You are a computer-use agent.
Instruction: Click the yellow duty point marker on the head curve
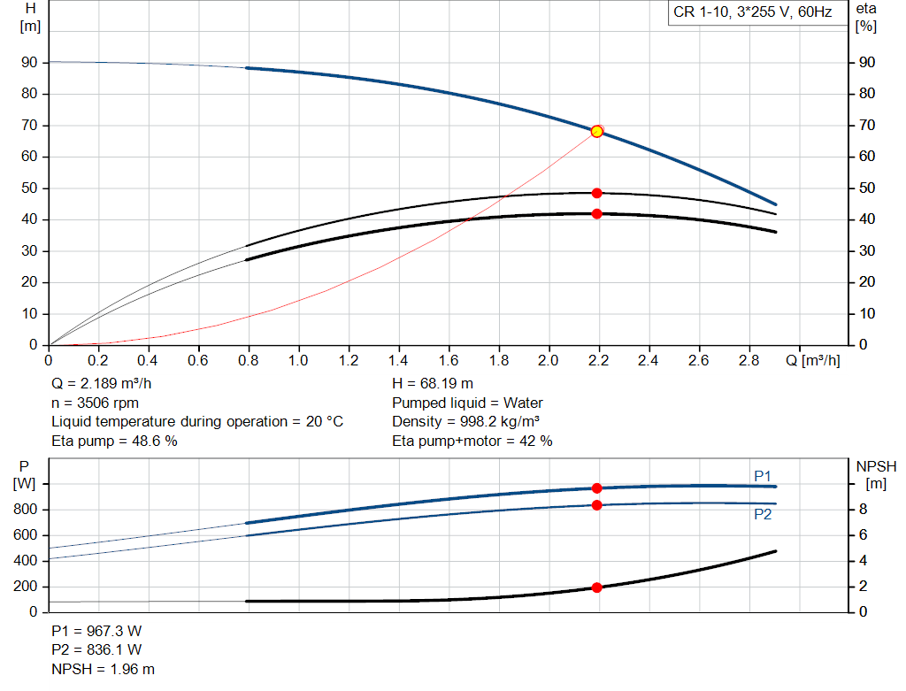pos(596,131)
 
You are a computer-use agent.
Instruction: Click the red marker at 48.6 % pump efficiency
pos(596,193)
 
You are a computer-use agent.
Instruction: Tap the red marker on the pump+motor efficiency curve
pos(596,213)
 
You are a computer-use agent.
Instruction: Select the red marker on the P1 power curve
pos(596,488)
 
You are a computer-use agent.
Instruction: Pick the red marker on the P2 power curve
pos(596,504)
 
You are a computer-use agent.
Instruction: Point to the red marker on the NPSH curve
pos(596,587)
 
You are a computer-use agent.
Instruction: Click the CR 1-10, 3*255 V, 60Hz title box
pos(754,13)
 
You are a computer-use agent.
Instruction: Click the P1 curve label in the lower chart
pos(763,476)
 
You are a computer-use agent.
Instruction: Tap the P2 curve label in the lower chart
pos(763,514)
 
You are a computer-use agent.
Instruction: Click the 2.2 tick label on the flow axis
pos(599,361)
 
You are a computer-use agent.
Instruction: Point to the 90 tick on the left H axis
pos(30,63)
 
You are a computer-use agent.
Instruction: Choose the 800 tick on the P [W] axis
pos(26,510)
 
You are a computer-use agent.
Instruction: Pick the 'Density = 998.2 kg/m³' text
pos(466,421)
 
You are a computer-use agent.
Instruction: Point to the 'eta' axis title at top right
pos(865,9)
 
